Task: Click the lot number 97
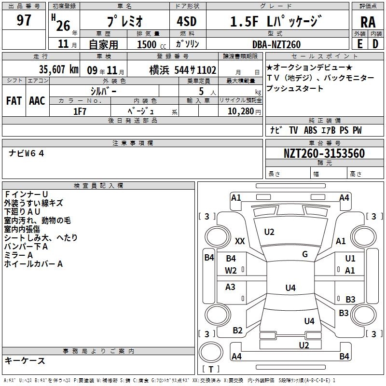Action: coord(24,20)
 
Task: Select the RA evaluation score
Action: coord(368,22)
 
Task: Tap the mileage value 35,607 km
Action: coord(58,69)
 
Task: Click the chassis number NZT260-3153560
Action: coord(324,153)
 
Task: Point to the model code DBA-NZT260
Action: coord(276,44)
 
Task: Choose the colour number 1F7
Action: coord(80,111)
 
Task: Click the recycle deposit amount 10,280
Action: coord(241,111)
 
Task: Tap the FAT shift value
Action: coord(14,101)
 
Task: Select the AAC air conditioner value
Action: coord(37,101)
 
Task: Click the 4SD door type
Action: coord(187,21)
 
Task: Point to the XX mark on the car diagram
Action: coord(240,241)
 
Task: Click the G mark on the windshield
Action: coord(305,254)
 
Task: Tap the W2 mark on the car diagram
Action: coord(231,271)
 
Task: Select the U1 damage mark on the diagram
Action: coord(350,258)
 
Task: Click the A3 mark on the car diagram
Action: coord(230,287)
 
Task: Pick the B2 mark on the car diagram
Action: coord(237,331)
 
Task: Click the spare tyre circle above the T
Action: coord(211,352)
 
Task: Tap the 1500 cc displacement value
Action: coord(152,44)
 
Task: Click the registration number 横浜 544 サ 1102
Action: coord(183,70)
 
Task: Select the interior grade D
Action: coord(375,44)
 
